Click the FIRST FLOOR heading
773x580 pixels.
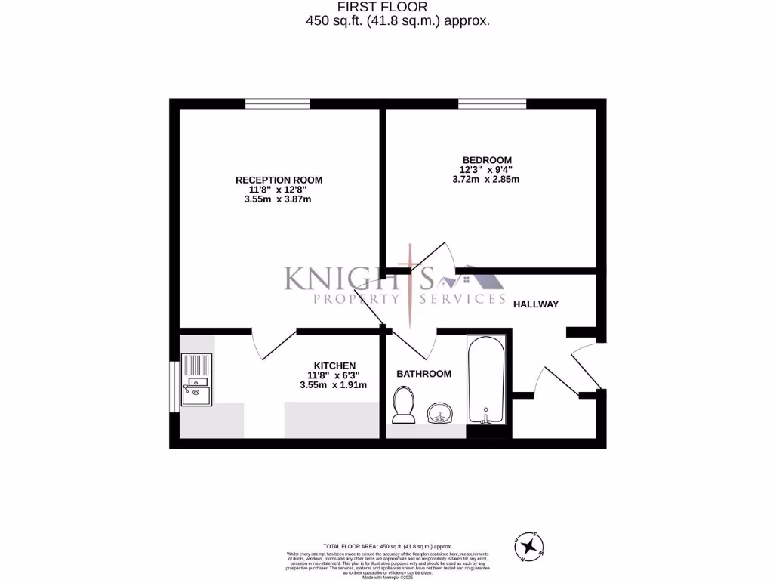coord(397,8)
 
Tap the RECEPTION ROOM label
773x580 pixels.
coord(279,180)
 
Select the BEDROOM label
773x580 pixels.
coord(487,159)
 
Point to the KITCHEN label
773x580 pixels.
coord(334,366)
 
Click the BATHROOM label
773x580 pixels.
coord(423,373)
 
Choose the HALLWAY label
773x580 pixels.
coord(535,304)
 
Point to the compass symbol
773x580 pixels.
coord(531,545)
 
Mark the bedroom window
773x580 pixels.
coord(492,103)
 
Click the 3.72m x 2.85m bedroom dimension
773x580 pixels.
coord(485,180)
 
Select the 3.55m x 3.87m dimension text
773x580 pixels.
coord(278,200)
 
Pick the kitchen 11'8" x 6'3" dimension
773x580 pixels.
coord(333,375)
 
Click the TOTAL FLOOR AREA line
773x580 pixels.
coord(386,545)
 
